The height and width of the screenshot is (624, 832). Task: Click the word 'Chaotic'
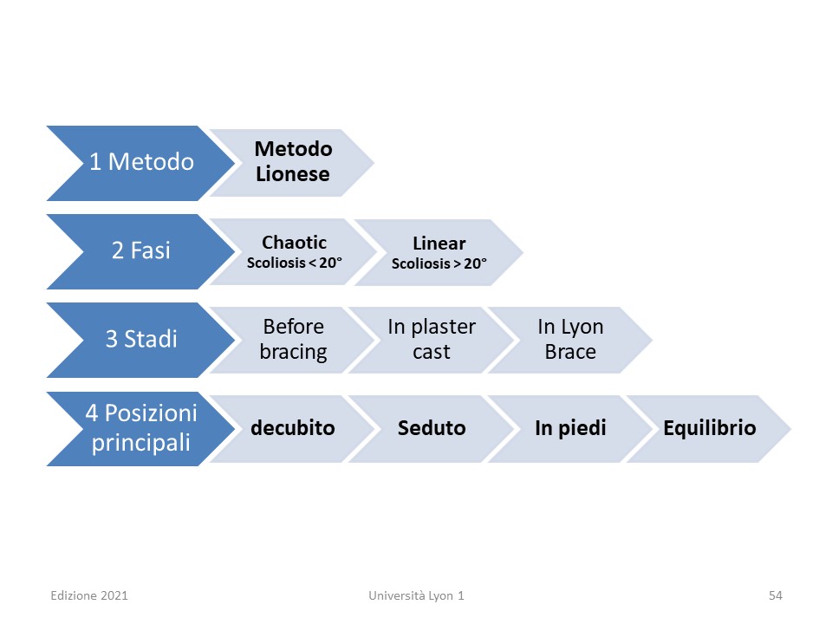point(294,243)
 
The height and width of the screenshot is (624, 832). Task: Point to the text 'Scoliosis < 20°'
point(295,263)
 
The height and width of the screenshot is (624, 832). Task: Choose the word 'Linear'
point(439,243)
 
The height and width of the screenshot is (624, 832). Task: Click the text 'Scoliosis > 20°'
point(439,263)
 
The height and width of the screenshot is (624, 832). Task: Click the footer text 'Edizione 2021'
point(89,596)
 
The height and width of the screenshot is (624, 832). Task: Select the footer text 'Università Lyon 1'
point(417,596)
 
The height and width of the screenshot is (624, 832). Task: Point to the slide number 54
point(775,596)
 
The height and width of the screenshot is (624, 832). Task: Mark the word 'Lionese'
point(293,174)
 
